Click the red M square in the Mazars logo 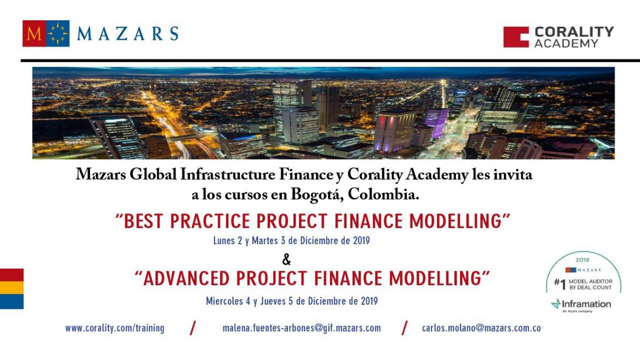point(34,34)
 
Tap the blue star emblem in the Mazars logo point(58,34)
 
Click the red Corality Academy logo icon point(516,37)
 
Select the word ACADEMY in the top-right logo point(566,43)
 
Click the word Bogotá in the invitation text point(317,195)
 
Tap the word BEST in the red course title point(143,221)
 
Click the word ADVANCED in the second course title point(186,278)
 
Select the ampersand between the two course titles point(286,259)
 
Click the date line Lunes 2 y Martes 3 point(291,241)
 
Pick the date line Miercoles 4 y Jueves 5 point(292,301)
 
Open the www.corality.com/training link point(115,328)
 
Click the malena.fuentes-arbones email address point(302,328)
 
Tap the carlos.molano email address point(482,328)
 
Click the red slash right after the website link point(193,328)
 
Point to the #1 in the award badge point(559,284)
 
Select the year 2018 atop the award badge point(582,260)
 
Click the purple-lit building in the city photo point(436,123)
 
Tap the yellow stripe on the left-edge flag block point(12,287)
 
